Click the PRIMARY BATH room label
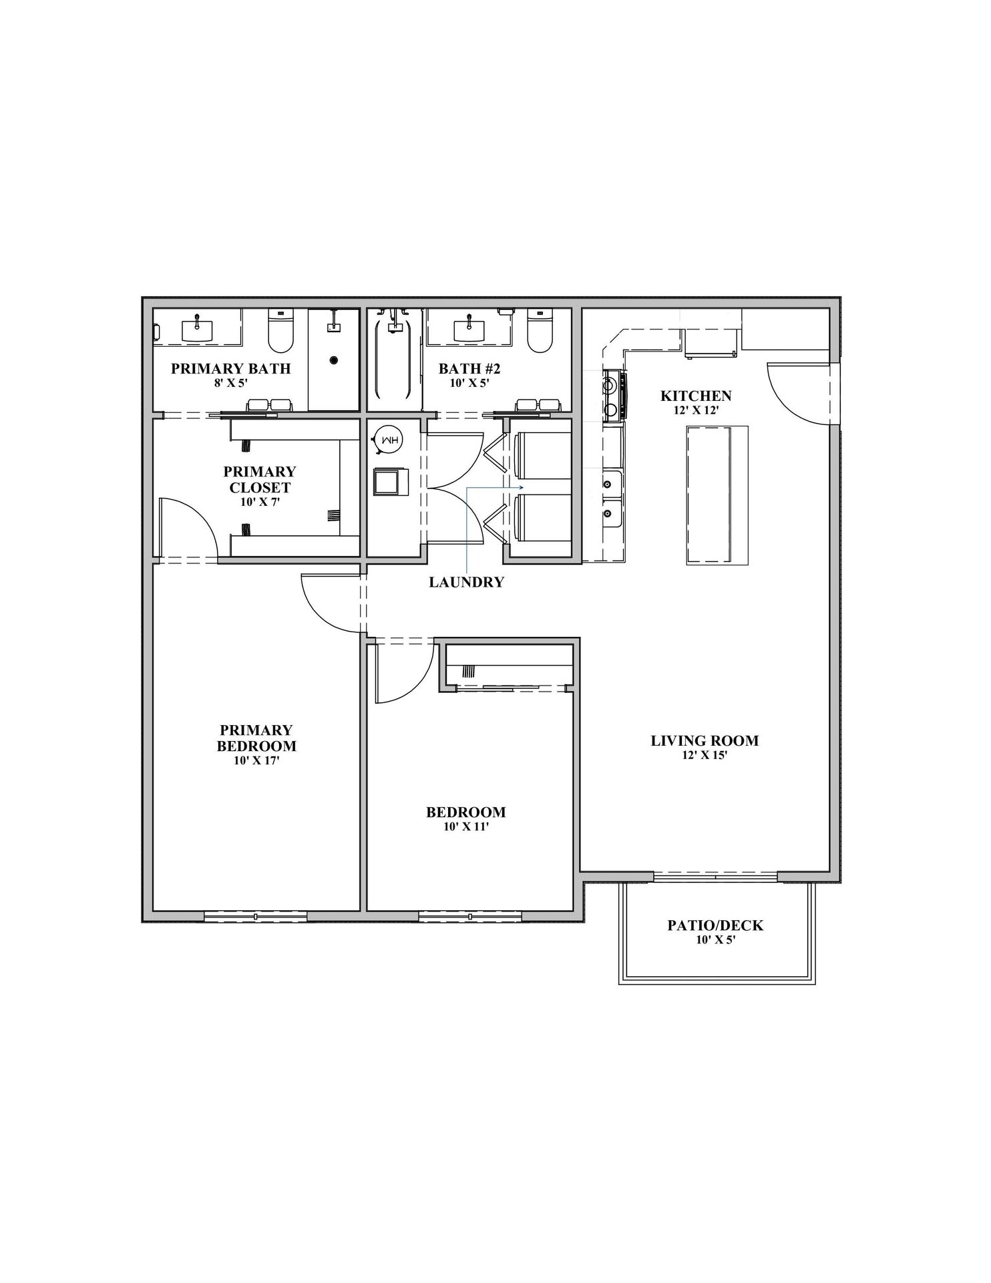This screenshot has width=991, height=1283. (230, 368)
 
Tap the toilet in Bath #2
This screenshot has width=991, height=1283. (540, 331)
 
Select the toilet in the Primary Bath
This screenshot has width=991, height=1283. (280, 331)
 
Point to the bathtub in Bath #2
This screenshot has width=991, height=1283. (393, 361)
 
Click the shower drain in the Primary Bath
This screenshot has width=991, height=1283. (333, 360)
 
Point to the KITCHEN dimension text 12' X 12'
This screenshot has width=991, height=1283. (696, 410)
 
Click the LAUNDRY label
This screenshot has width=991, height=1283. (466, 582)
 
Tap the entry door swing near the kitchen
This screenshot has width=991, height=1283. (798, 394)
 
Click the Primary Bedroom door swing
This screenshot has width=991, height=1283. (331, 601)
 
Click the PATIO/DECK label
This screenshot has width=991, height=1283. (715, 925)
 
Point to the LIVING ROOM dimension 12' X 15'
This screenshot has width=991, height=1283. (704, 755)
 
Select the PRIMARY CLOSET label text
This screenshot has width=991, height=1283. (259, 479)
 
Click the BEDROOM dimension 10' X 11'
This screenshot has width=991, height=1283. (465, 827)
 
